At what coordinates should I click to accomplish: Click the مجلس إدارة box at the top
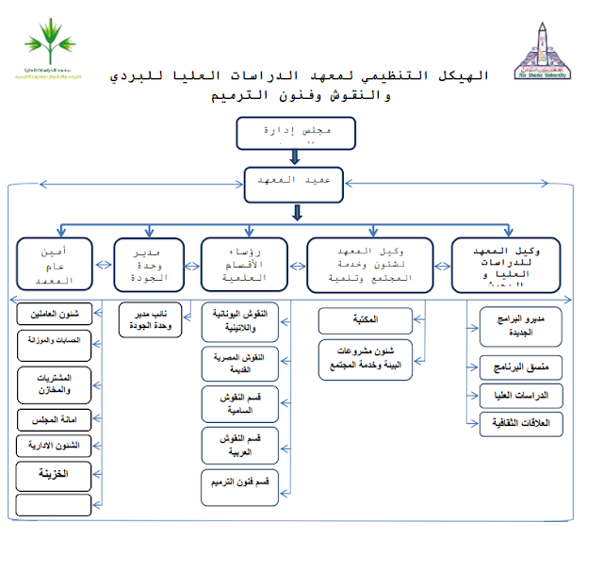coord(295,133)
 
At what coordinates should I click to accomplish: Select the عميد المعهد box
coord(295,185)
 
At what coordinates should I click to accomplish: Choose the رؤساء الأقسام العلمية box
coord(249,261)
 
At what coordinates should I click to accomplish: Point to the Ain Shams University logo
coord(546,52)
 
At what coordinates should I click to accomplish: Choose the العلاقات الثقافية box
coord(520,426)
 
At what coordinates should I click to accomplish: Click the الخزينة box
coord(56,472)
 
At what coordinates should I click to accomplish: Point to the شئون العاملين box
coord(56,314)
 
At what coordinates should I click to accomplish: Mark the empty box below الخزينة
coord(56,504)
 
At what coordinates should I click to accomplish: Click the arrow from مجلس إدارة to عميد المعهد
coord(295,156)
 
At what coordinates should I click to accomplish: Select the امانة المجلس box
coord(56,418)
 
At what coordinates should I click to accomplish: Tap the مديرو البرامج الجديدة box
coord(520,326)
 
